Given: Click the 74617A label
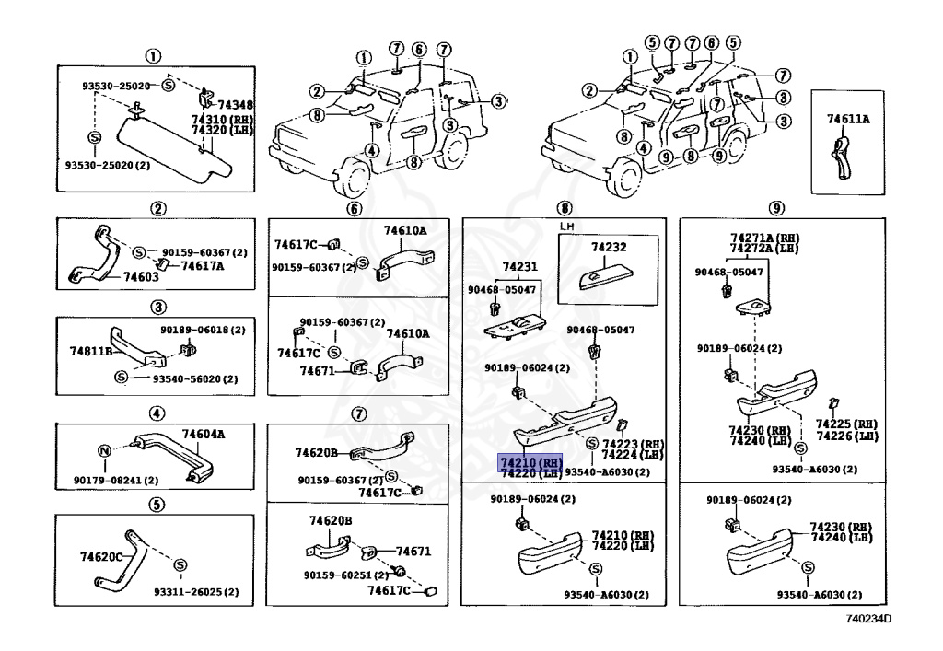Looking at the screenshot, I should tap(202, 266).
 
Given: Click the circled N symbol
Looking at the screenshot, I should tap(105, 450).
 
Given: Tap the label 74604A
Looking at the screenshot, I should tap(204, 434).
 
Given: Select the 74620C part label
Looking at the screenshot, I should tap(101, 557).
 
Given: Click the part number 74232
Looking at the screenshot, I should tap(608, 248).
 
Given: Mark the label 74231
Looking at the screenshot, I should tap(518, 267).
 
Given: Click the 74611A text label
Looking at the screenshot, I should tap(848, 119).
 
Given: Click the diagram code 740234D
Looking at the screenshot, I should tap(869, 619).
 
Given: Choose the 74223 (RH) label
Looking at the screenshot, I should tap(633, 444).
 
